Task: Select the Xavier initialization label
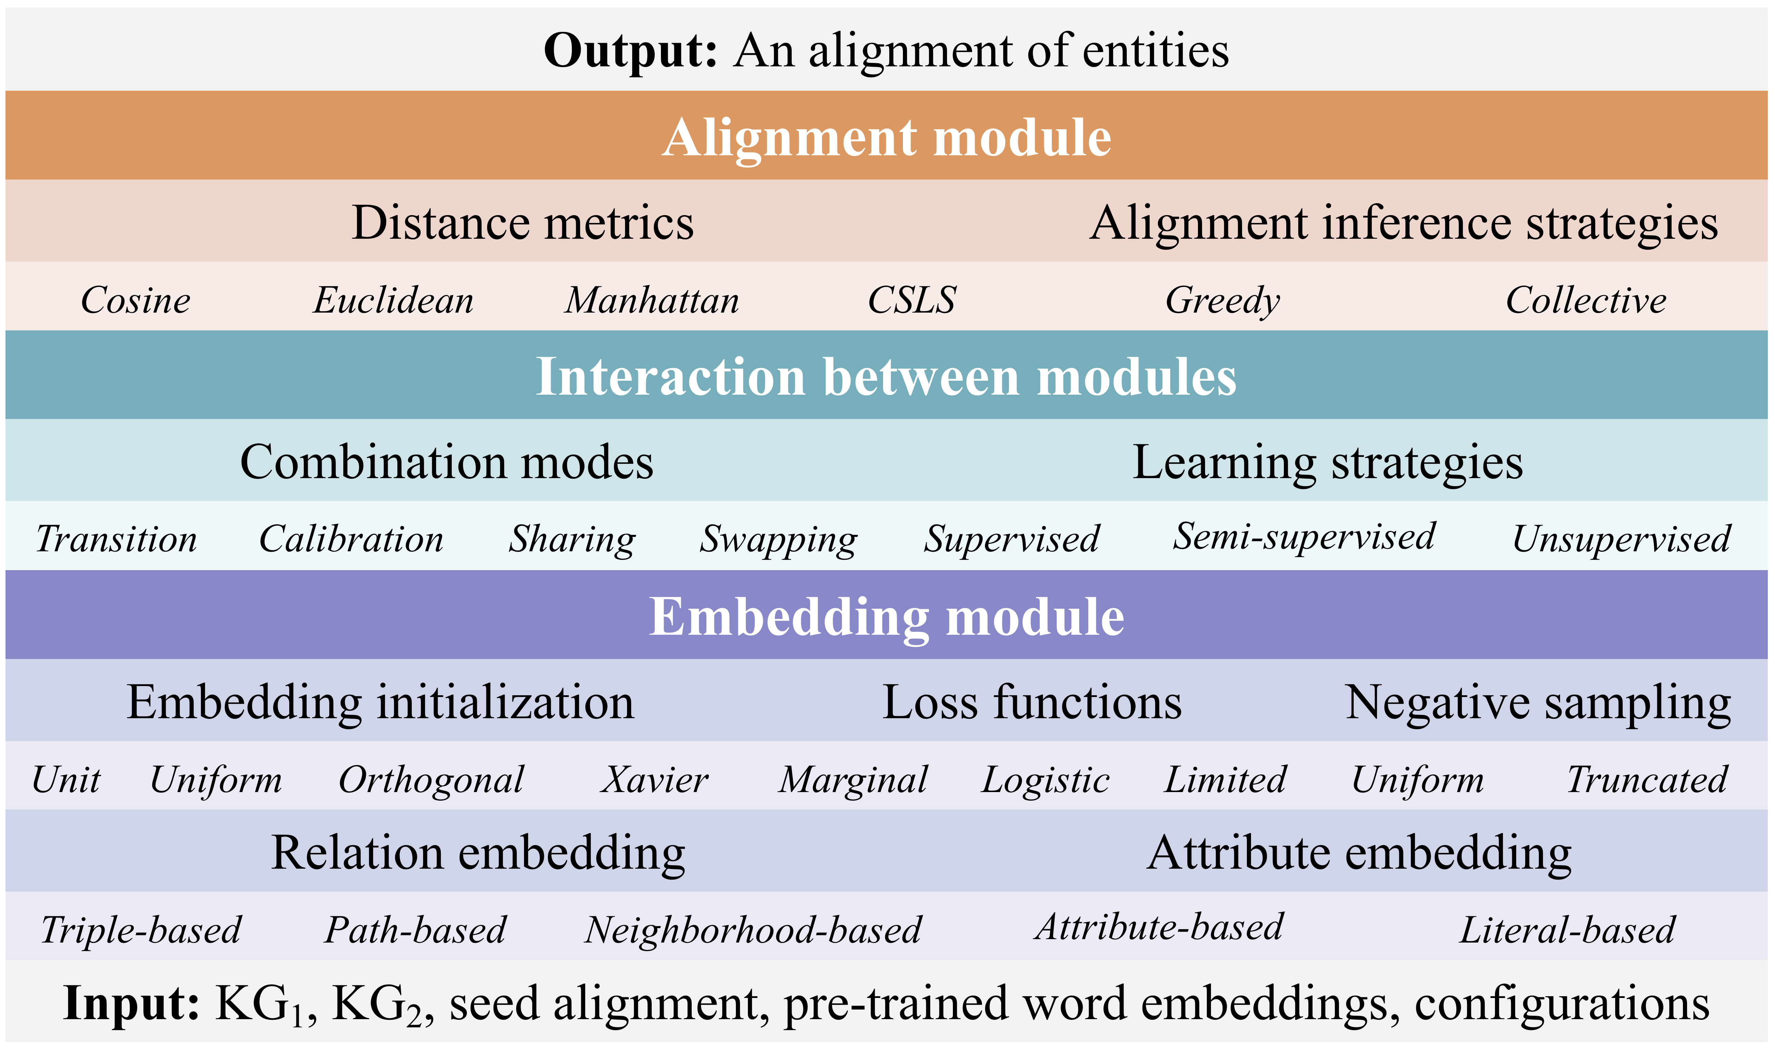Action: (x=655, y=780)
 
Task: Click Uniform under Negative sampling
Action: (x=1417, y=780)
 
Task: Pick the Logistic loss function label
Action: (x=1045, y=780)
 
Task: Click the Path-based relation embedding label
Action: (x=416, y=930)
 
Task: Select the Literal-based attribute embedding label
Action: (x=1567, y=930)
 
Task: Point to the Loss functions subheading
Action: (x=1032, y=702)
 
